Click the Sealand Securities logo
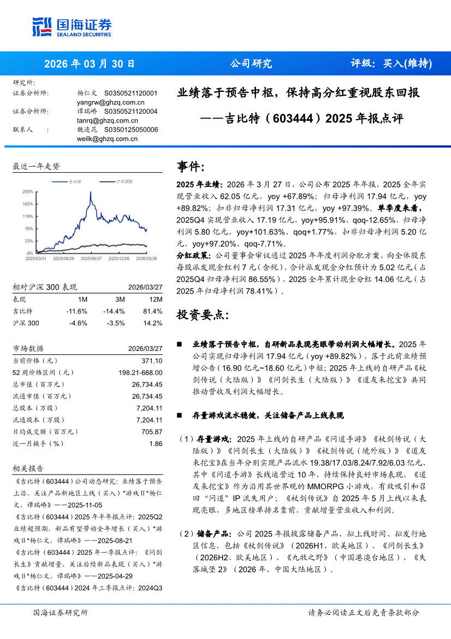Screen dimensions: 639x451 (x=72, y=26)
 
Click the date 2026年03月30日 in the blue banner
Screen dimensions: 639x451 (x=89, y=63)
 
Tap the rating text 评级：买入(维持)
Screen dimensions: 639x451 (x=390, y=63)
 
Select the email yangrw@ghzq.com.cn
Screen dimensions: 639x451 (x=111, y=102)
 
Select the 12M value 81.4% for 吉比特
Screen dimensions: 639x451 (x=153, y=311)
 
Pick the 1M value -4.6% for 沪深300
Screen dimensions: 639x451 (x=78, y=323)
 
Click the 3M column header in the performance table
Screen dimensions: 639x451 (x=120, y=300)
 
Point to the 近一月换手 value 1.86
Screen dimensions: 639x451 (x=156, y=444)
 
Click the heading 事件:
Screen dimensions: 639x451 (x=191, y=167)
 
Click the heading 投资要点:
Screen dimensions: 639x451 (x=199, y=315)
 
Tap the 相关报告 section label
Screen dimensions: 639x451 (x=28, y=469)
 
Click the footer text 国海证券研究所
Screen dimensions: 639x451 (x=61, y=613)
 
